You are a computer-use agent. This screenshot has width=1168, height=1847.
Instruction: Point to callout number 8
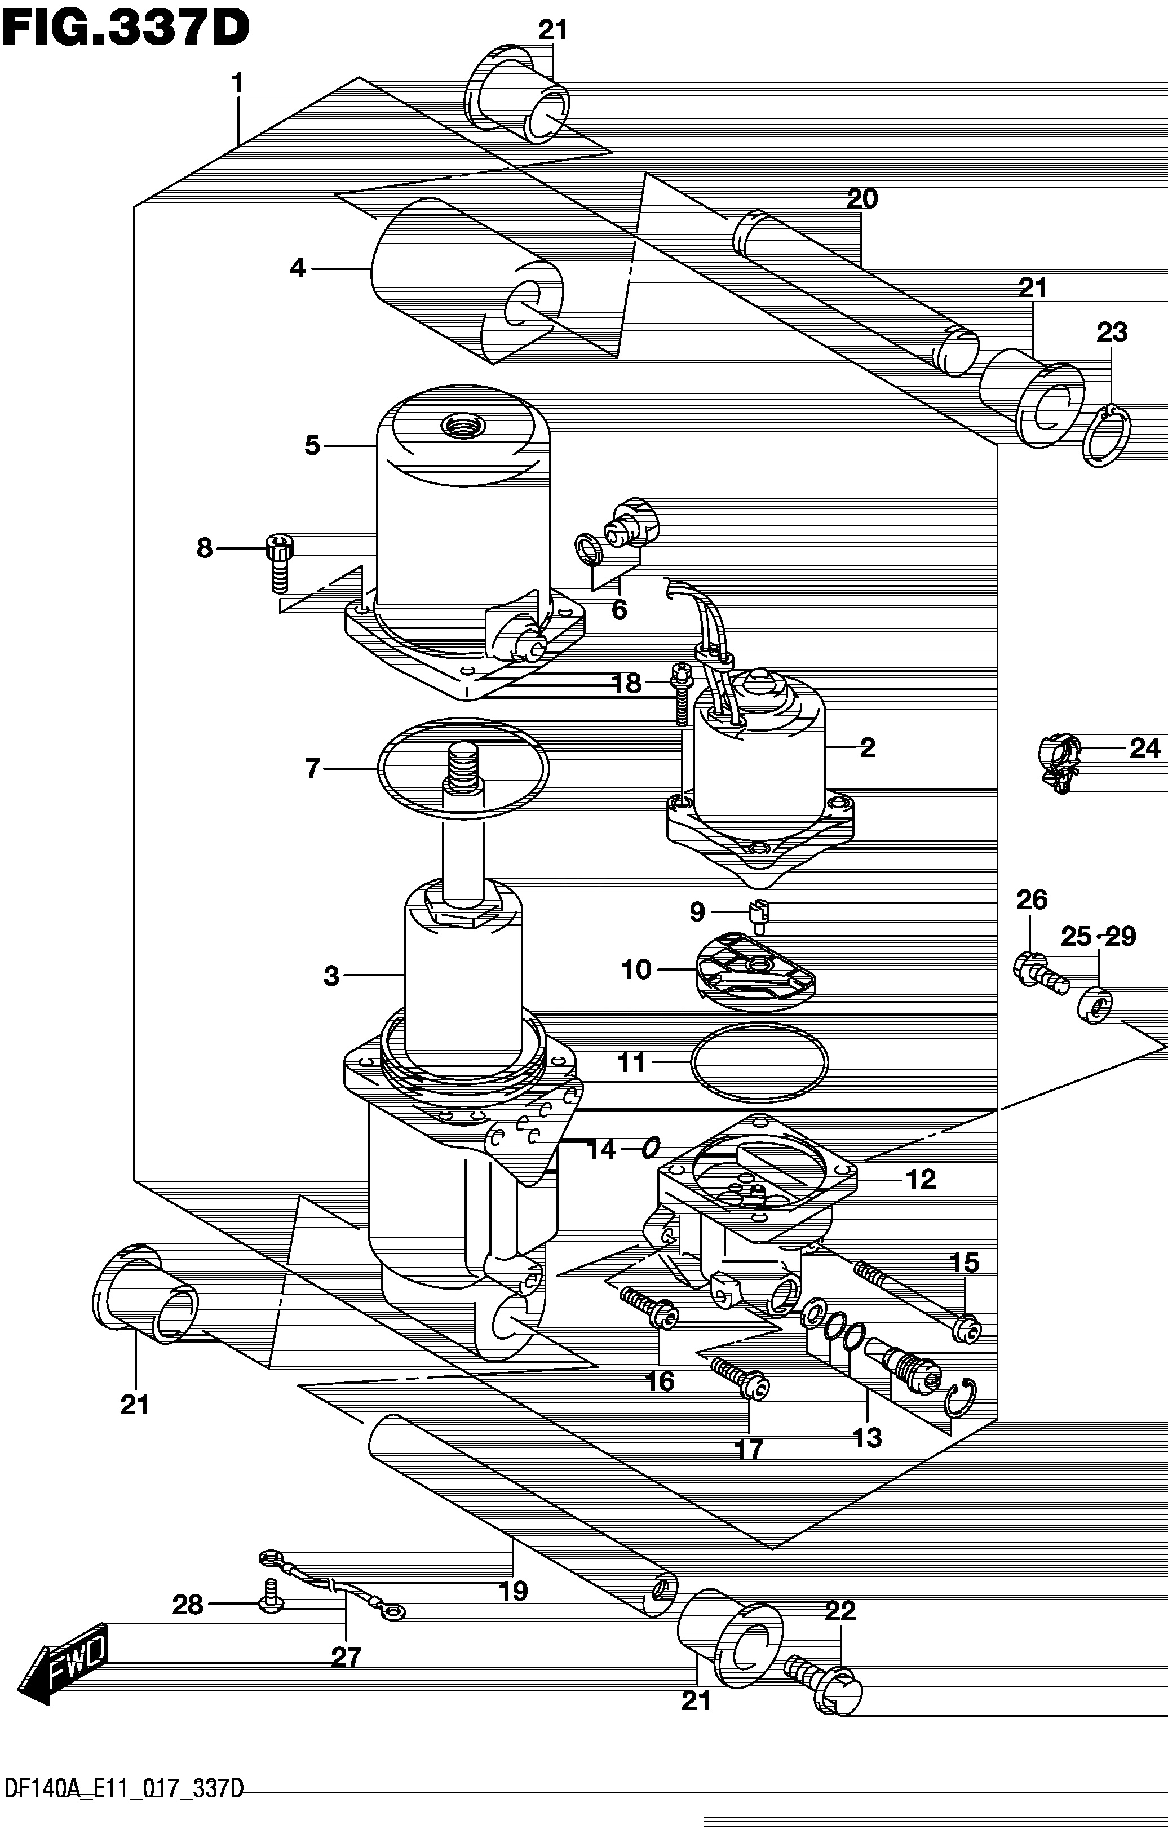click(x=204, y=548)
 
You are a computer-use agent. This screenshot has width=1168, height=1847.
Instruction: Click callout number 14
click(x=602, y=1149)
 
